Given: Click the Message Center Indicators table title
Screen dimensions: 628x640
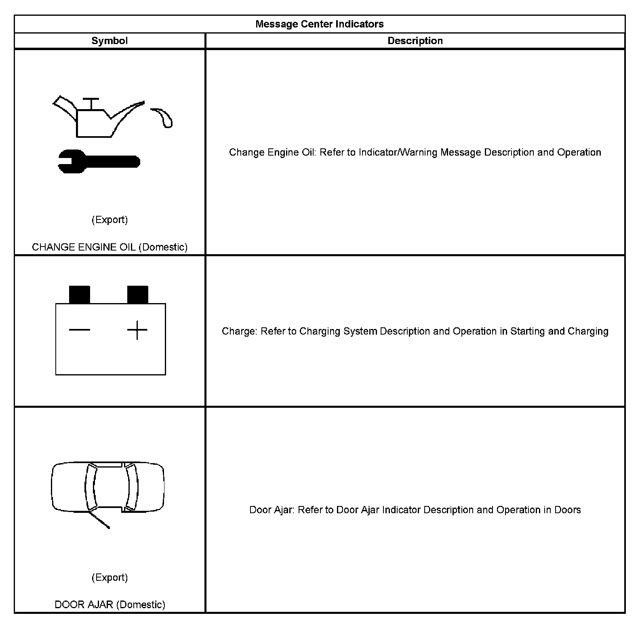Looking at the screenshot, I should (x=319, y=24).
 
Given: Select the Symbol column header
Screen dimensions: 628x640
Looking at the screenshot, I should (x=109, y=41).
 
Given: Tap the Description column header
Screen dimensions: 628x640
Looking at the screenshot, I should (x=415, y=41).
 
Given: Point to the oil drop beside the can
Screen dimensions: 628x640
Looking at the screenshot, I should (x=164, y=117).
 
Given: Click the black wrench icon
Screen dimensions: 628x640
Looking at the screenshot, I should (x=99, y=162).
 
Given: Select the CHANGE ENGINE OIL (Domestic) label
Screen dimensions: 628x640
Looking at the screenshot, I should (x=109, y=247).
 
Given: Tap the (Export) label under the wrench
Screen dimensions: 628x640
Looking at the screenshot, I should (x=109, y=219).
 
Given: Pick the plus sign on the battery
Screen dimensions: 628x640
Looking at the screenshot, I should (x=137, y=330).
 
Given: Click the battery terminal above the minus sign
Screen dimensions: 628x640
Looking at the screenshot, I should (x=80, y=295).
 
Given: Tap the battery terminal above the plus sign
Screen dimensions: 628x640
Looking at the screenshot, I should (x=137, y=295).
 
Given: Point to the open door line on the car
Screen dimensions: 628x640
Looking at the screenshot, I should (x=99, y=521).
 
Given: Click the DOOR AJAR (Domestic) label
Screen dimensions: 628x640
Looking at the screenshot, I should (x=110, y=605).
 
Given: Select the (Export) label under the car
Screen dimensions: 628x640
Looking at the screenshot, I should (x=109, y=577).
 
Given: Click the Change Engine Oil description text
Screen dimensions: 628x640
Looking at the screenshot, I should (x=415, y=152).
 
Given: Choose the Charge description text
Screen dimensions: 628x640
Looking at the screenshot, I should (x=415, y=331).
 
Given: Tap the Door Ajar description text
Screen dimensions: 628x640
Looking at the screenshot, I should (x=415, y=510).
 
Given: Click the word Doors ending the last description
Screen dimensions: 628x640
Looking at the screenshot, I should (x=567, y=510).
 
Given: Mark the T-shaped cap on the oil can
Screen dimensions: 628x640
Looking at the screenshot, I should (x=91, y=103).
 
